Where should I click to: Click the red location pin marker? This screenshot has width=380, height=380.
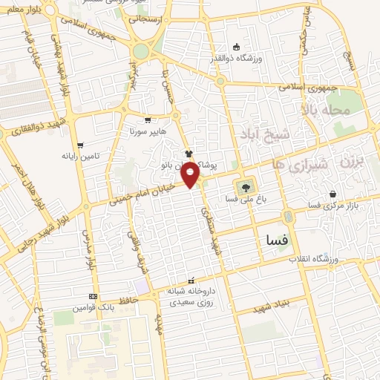pos(191,175)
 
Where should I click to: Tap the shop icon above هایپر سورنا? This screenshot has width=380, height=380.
pos(148,119)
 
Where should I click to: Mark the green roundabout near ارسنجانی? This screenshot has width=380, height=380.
pos(140,51)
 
